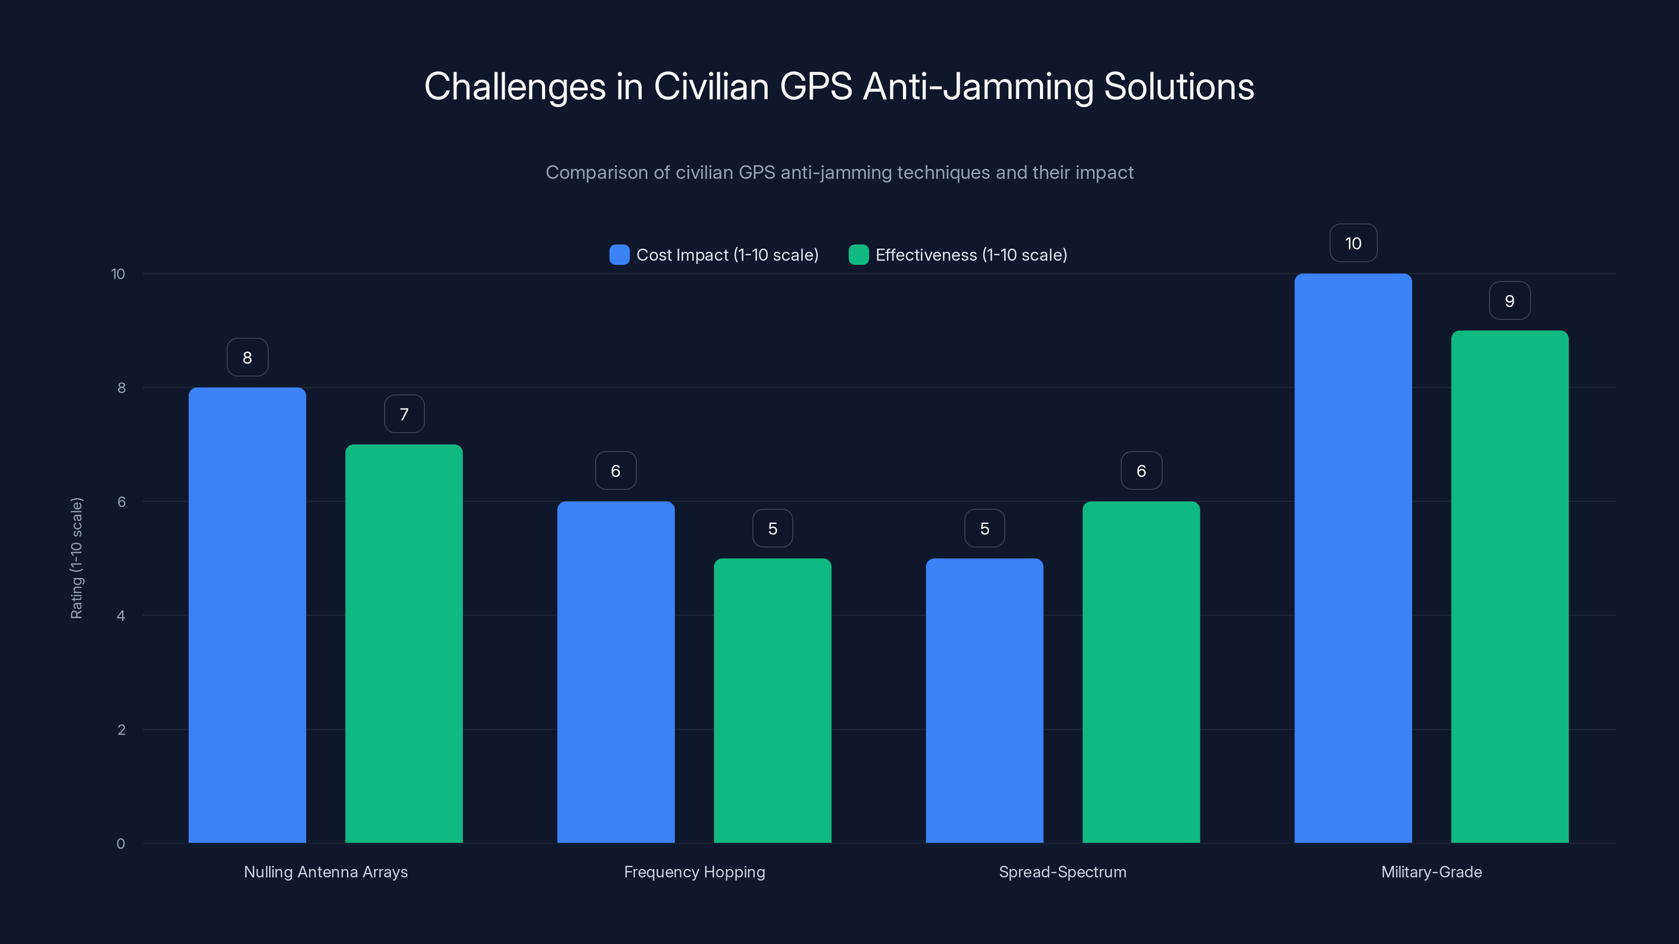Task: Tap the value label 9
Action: pyautogui.click(x=1510, y=301)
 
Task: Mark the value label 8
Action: pyautogui.click(x=247, y=358)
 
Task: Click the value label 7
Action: pyautogui.click(x=404, y=414)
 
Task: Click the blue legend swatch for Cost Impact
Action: pyautogui.click(x=619, y=255)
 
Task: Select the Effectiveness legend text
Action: pyautogui.click(x=971, y=255)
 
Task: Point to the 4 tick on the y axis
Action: pyautogui.click(x=121, y=616)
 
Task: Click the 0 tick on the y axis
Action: pyautogui.click(x=121, y=844)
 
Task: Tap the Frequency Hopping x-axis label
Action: pyautogui.click(x=694, y=872)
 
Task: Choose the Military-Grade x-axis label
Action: pyautogui.click(x=1431, y=872)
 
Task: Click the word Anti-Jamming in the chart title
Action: pyautogui.click(x=977, y=87)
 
